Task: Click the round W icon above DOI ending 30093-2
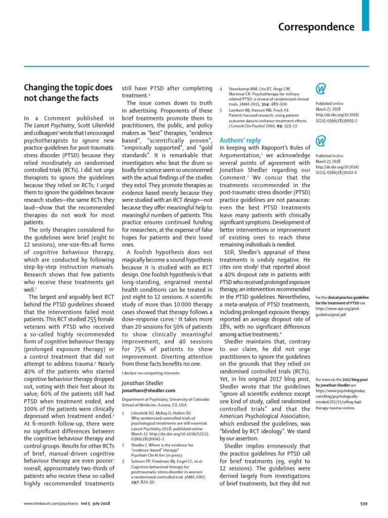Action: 321,89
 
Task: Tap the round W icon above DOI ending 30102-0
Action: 321,140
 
